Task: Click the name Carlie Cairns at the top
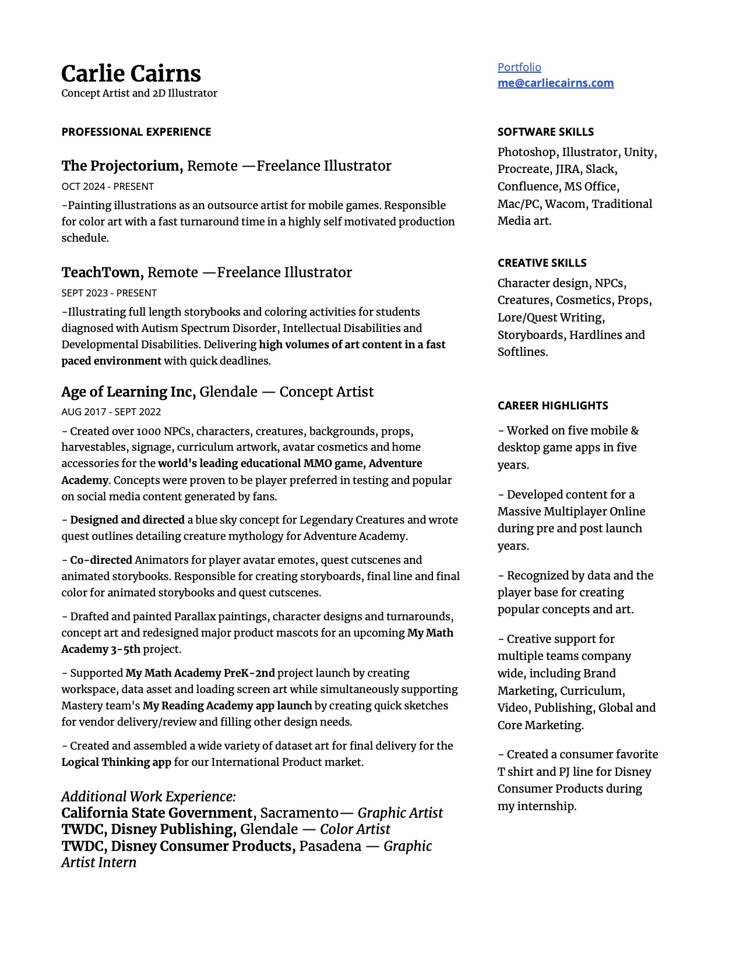click(x=131, y=74)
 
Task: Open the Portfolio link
click(x=519, y=67)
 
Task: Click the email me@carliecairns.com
click(x=555, y=83)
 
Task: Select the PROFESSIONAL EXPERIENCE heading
click(x=136, y=132)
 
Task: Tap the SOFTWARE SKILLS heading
click(x=545, y=132)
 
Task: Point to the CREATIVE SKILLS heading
click(x=542, y=263)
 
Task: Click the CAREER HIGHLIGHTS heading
click(x=552, y=405)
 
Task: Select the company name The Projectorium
click(x=121, y=166)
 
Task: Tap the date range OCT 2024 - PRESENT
click(x=108, y=186)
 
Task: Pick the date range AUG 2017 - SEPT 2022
click(x=111, y=412)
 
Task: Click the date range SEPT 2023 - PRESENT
click(x=109, y=293)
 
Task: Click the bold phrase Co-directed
click(x=101, y=560)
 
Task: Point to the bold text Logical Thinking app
click(x=117, y=762)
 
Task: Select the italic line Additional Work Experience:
click(x=149, y=797)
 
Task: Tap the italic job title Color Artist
click(x=355, y=829)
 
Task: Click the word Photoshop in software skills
click(x=526, y=152)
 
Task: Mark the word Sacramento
click(x=299, y=813)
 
